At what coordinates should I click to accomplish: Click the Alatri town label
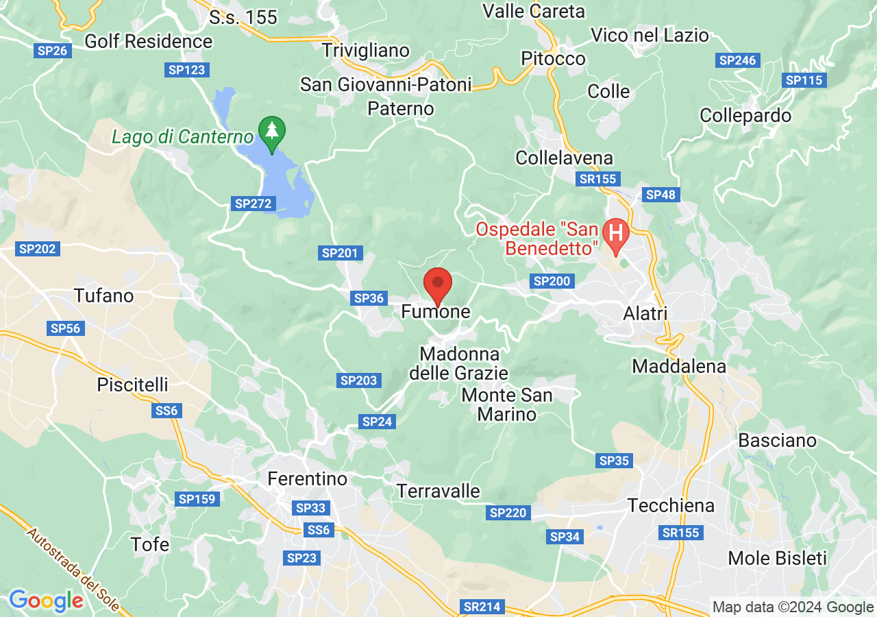tap(645, 313)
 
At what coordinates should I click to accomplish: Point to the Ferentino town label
tap(308, 478)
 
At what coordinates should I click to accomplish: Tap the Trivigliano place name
tap(366, 50)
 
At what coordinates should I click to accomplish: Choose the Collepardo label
tap(745, 115)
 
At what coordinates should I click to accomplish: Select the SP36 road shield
tap(369, 298)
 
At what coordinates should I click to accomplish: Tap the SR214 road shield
tap(483, 607)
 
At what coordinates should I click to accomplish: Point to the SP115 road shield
tap(804, 80)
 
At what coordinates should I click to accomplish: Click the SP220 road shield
tap(508, 513)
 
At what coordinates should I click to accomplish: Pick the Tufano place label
tap(103, 296)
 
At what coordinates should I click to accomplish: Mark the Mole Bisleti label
tap(778, 558)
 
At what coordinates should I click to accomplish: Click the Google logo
tap(46, 601)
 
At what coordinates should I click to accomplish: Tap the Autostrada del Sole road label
tap(73, 569)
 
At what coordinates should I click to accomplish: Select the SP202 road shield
tap(38, 249)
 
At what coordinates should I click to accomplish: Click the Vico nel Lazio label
tap(650, 35)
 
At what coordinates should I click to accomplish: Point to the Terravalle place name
tap(438, 492)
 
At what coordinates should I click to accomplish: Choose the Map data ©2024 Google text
tap(793, 607)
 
